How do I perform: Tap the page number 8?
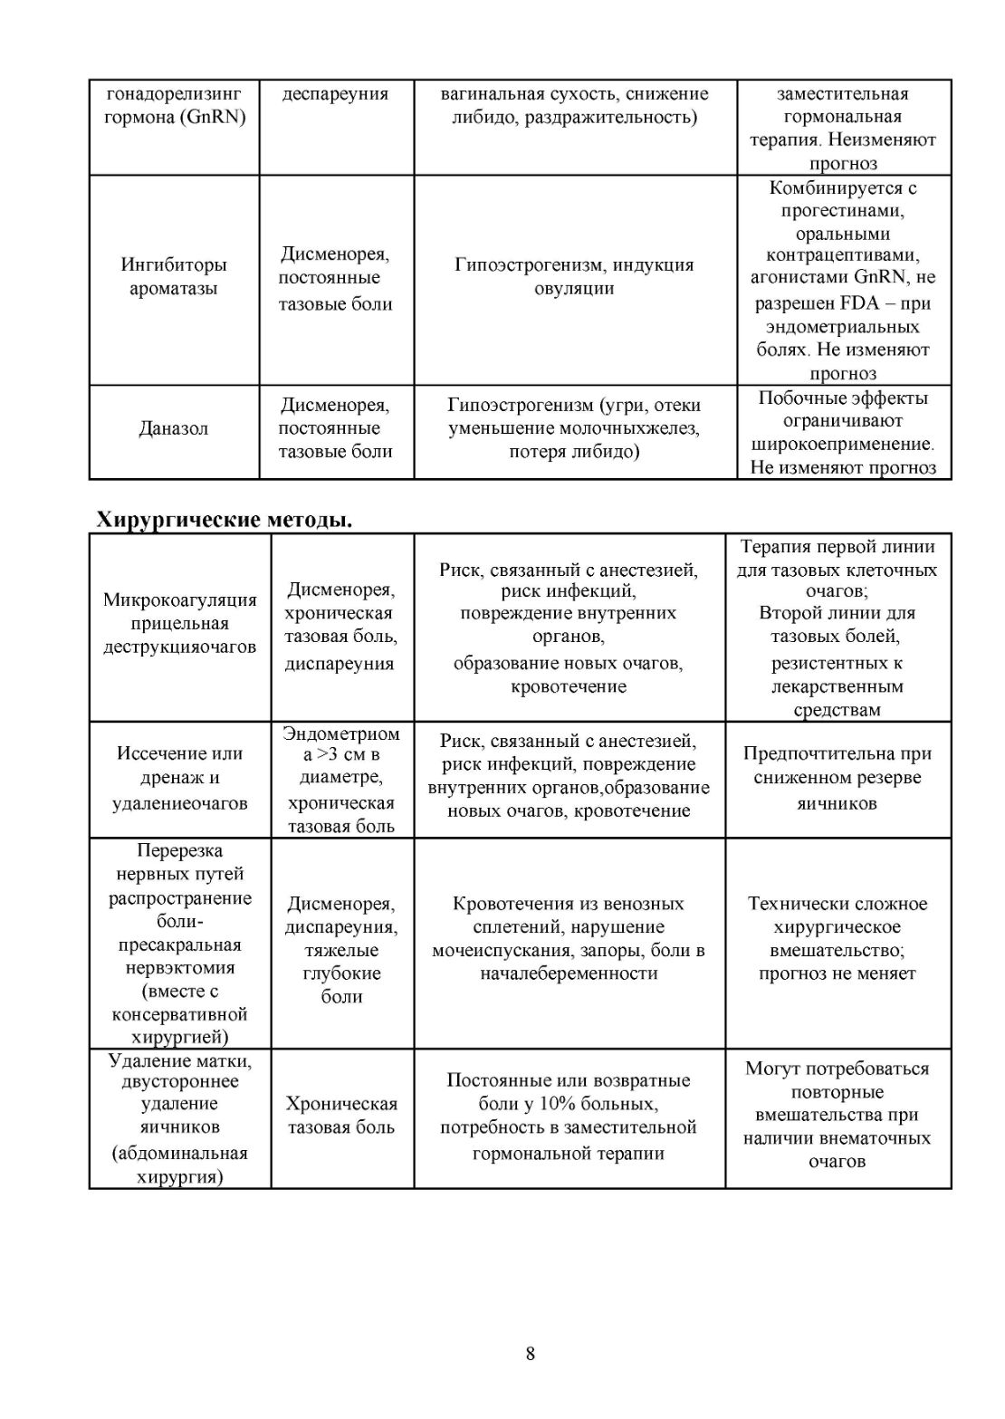pyautogui.click(x=530, y=1354)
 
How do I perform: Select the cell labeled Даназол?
pyautogui.click(x=173, y=428)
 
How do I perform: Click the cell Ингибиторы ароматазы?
pyautogui.click(x=173, y=277)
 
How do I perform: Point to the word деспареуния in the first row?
pyautogui.click(x=335, y=94)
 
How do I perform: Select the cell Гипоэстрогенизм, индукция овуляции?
pyautogui.click(x=574, y=277)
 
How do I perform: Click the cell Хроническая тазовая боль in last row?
pyautogui.click(x=341, y=1116)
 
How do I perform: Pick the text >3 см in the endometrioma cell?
pyautogui.click(x=341, y=754)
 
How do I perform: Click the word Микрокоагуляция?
pyautogui.click(x=179, y=599)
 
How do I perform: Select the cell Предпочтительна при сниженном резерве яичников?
pyautogui.click(x=837, y=778)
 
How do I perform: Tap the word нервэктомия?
pyautogui.click(x=179, y=968)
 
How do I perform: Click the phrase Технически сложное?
pyautogui.click(x=837, y=904)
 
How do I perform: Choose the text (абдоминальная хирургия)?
pyautogui.click(x=179, y=1165)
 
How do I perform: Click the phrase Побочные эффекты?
pyautogui.click(x=842, y=398)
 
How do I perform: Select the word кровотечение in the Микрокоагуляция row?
pyautogui.click(x=568, y=686)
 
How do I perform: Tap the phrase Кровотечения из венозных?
pyautogui.click(x=568, y=904)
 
